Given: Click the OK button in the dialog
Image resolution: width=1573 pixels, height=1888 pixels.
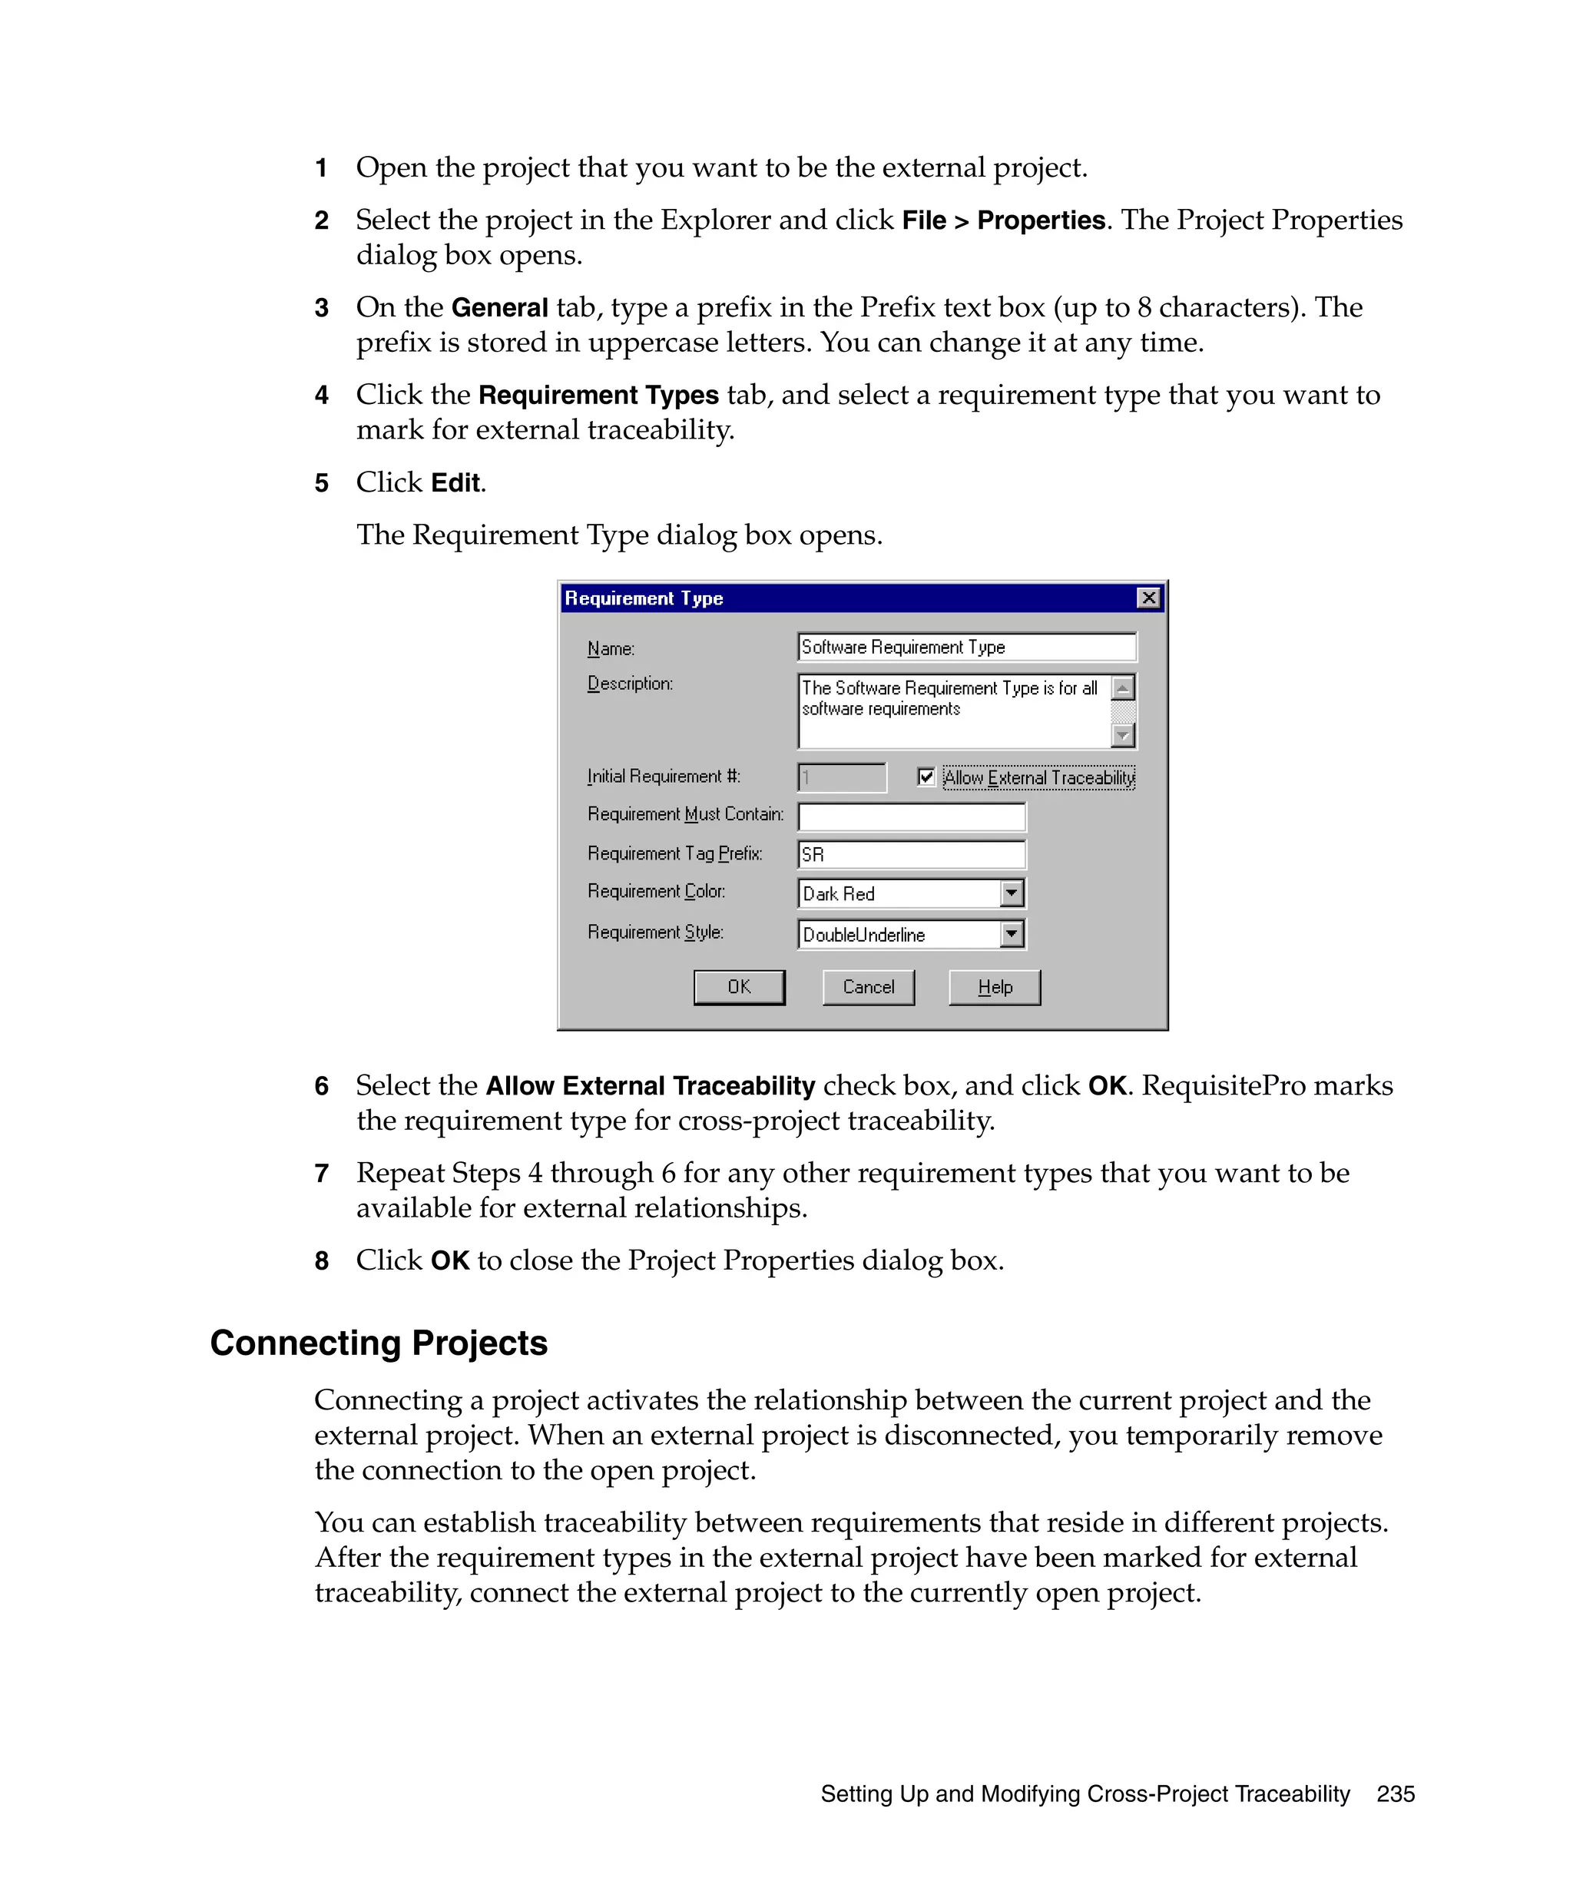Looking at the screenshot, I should pyautogui.click(x=738, y=986).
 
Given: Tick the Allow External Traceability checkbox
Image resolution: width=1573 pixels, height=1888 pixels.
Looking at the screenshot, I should pyautogui.click(x=926, y=776).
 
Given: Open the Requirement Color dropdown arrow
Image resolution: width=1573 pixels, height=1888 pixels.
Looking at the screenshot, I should pyautogui.click(x=1012, y=893).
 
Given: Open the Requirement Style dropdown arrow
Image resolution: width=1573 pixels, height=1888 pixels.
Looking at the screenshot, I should pyautogui.click(x=1012, y=933).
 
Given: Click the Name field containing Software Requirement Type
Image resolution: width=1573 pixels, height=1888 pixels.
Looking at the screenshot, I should pyautogui.click(x=965, y=647).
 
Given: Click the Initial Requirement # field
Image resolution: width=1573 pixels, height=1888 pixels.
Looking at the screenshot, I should pyautogui.click(x=841, y=777).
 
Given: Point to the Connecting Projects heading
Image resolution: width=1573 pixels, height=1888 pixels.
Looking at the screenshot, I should pyautogui.click(x=379, y=1343).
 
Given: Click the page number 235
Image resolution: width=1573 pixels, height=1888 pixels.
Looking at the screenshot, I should pyautogui.click(x=1395, y=1794).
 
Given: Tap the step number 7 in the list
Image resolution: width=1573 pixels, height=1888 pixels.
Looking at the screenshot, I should pyautogui.click(x=321, y=1173).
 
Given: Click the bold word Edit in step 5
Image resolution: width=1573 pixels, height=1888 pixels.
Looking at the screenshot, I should pyautogui.click(x=455, y=483).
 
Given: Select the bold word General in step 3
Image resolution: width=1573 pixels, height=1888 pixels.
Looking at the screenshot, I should pyautogui.click(x=499, y=307).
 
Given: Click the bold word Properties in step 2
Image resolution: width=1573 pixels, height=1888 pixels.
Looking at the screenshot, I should pyautogui.click(x=1040, y=220).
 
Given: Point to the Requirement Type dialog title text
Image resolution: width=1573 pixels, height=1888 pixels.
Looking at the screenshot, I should pyautogui.click(x=644, y=598).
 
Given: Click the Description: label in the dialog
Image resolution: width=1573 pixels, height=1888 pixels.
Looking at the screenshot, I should pyautogui.click(x=629, y=684).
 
